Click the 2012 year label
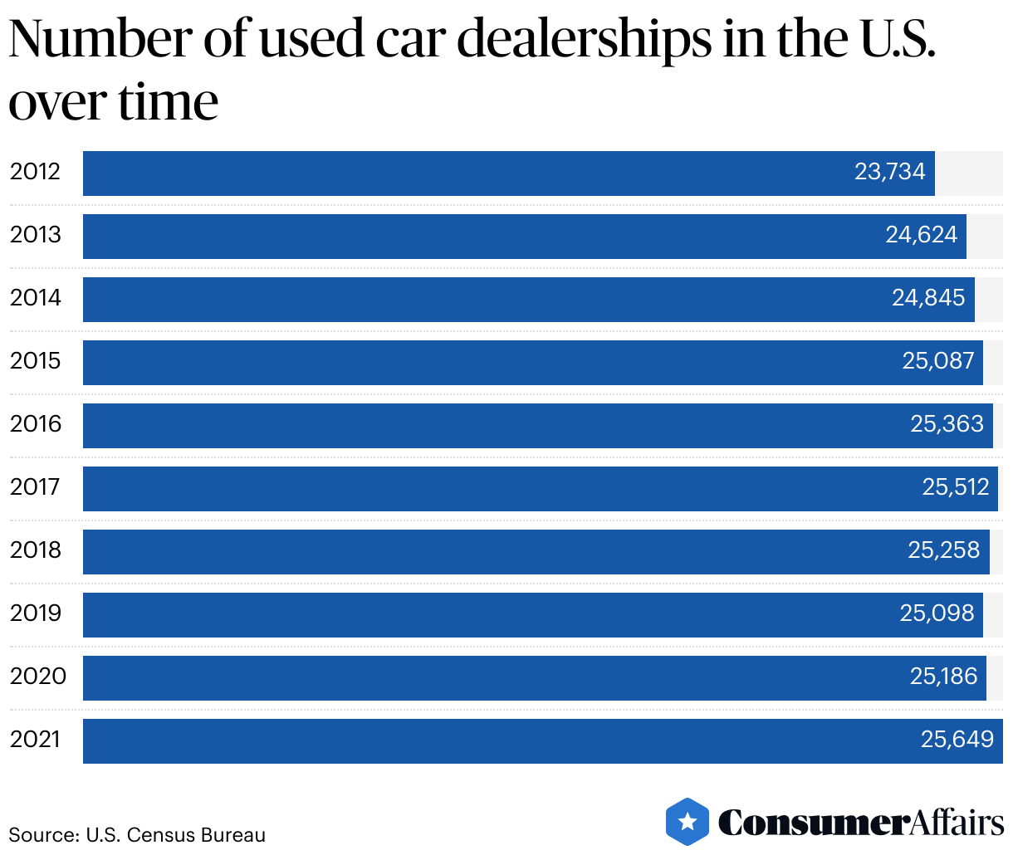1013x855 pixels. click(x=35, y=172)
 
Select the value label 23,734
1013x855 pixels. click(x=889, y=172)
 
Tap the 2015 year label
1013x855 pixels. click(x=35, y=361)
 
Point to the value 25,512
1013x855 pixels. click(x=955, y=487)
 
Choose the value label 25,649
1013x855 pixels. click(x=957, y=740)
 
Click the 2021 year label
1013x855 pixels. click(x=35, y=740)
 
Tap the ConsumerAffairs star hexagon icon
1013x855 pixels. click(x=688, y=822)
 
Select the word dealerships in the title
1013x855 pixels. click(x=584, y=39)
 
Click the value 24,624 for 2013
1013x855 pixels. click(x=921, y=235)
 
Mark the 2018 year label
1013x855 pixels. click(x=35, y=550)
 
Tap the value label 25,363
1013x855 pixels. click(x=947, y=424)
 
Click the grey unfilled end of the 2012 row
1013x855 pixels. click(x=968, y=173)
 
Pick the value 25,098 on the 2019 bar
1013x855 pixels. click(x=937, y=613)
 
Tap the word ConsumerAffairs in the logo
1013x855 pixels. click(x=860, y=823)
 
